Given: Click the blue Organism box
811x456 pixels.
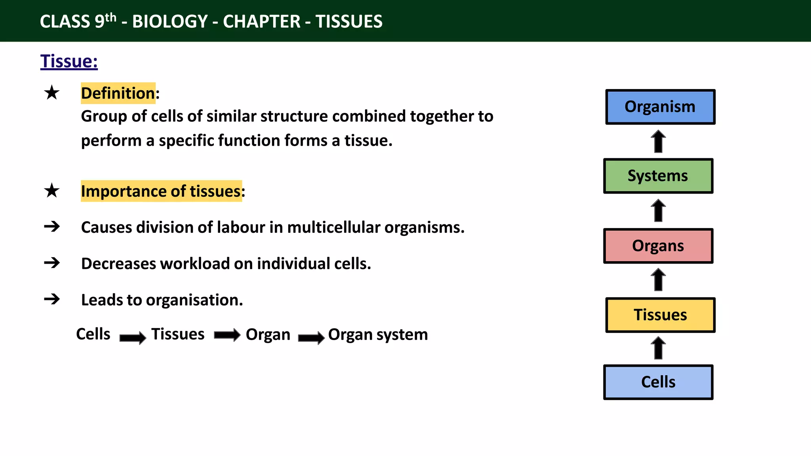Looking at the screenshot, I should click(660, 107).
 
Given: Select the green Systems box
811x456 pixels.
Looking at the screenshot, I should click(658, 176).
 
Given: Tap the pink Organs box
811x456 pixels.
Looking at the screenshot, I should click(658, 246).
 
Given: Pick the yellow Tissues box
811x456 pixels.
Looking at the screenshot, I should click(660, 315).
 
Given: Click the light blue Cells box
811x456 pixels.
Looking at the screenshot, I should click(658, 382).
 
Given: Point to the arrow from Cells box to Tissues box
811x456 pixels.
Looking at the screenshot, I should click(659, 348).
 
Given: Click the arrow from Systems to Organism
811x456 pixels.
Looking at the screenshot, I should click(659, 141).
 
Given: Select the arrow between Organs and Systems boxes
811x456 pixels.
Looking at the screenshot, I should click(659, 211).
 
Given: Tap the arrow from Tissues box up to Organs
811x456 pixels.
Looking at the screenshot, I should click(659, 280).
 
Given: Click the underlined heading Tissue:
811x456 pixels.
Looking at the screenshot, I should click(69, 62).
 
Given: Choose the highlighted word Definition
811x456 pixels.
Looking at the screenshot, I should click(118, 93).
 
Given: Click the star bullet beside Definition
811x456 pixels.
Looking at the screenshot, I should click(52, 93).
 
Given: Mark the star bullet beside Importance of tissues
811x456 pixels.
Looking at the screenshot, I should click(52, 191).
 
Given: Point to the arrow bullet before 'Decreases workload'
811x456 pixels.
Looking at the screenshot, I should click(52, 263).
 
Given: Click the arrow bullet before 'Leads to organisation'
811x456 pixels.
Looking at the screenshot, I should click(52, 299).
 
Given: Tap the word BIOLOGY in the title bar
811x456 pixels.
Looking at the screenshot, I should click(170, 22).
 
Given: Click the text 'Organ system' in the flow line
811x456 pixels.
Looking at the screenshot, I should click(378, 335).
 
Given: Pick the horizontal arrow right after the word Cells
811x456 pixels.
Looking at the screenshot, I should click(133, 338).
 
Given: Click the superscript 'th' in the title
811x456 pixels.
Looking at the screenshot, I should click(111, 17).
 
